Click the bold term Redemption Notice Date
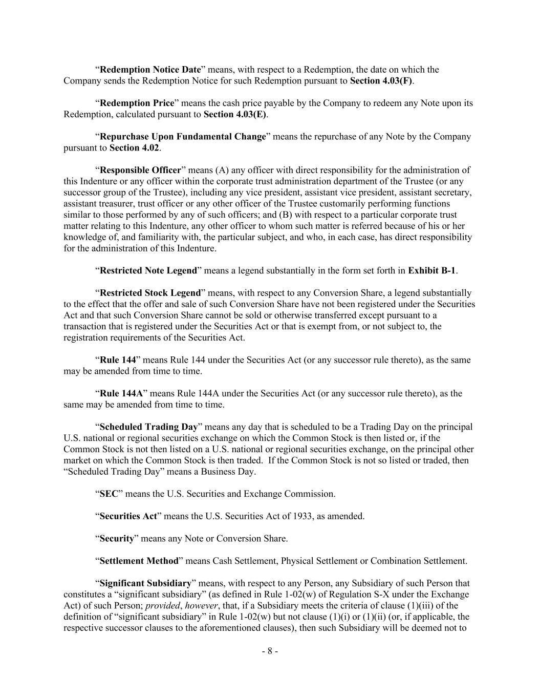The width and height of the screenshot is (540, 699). coord(150,70)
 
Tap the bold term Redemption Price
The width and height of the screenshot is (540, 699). coord(137,103)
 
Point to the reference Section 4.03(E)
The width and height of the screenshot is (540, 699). coord(235,114)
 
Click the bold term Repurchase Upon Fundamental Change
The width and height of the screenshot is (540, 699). coord(183,137)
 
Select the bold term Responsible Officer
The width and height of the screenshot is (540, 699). coord(140,170)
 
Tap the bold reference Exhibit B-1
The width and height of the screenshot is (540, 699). coord(431,271)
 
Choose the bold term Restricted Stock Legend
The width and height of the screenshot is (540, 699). coord(150,293)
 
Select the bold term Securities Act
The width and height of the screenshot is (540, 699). coord(128,516)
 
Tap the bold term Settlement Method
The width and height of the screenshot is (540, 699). coord(139,561)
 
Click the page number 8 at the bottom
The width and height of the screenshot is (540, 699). coord(270,651)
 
